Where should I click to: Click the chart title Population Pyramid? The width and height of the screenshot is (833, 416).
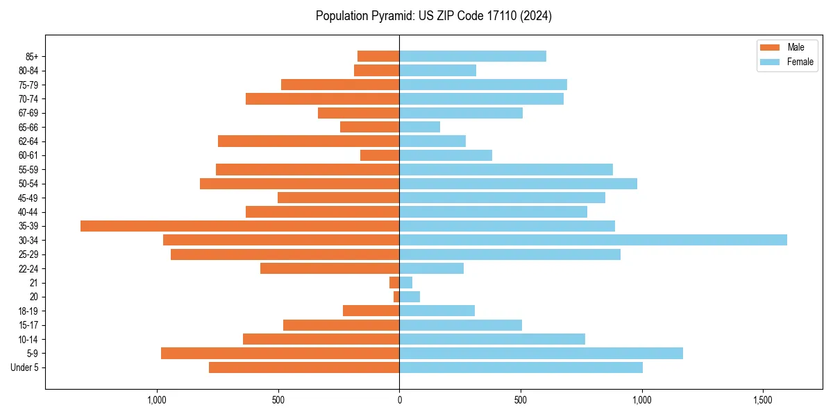(x=434, y=16)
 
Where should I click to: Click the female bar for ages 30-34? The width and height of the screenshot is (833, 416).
(x=593, y=240)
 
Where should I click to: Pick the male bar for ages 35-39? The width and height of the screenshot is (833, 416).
(x=239, y=226)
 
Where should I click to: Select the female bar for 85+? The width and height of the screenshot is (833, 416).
(x=473, y=56)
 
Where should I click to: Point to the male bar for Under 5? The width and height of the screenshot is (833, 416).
(x=304, y=367)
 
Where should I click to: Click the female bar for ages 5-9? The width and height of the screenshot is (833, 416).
(x=541, y=354)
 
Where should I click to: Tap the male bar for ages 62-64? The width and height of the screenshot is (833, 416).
(x=308, y=141)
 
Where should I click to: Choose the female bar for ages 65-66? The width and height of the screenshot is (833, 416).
(x=419, y=127)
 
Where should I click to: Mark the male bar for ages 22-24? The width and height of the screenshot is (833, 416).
(x=330, y=268)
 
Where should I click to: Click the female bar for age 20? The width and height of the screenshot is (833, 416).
(x=410, y=297)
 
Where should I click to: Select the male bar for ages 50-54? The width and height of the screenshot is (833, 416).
(x=299, y=184)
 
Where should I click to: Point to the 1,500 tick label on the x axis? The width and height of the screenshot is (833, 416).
(x=763, y=400)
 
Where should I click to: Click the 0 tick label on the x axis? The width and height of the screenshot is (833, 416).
(x=399, y=400)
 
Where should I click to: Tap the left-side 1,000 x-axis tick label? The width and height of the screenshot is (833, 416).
(x=157, y=400)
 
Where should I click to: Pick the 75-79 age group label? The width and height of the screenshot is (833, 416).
(x=28, y=85)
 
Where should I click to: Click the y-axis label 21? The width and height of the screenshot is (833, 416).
(x=33, y=283)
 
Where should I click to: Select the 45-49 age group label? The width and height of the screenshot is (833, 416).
(x=28, y=198)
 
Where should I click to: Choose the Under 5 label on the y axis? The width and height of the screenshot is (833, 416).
(x=24, y=367)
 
